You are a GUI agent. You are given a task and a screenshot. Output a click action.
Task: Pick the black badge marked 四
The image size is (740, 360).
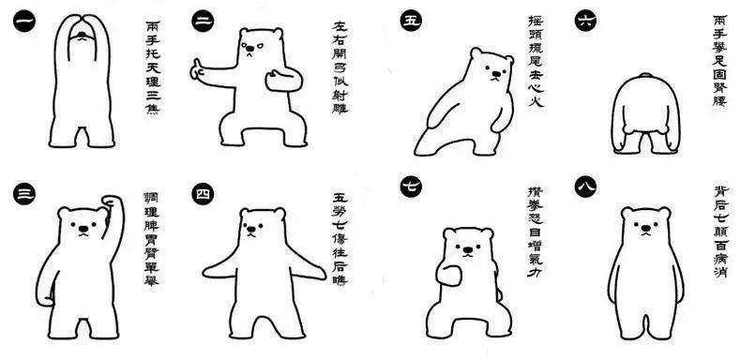pyautogui.click(x=204, y=195)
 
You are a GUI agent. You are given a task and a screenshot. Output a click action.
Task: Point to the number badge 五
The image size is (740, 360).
pyautogui.click(x=410, y=21)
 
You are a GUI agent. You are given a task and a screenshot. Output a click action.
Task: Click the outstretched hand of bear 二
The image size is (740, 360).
pyautogui.click(x=198, y=68)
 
